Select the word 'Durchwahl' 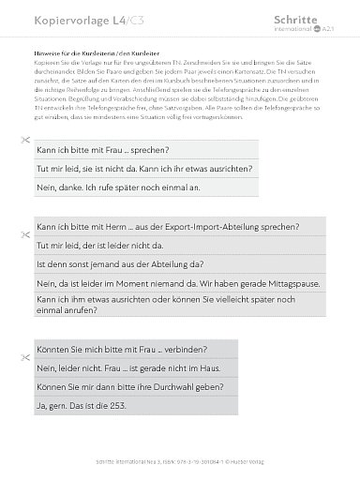173,386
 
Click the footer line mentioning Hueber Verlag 180,460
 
